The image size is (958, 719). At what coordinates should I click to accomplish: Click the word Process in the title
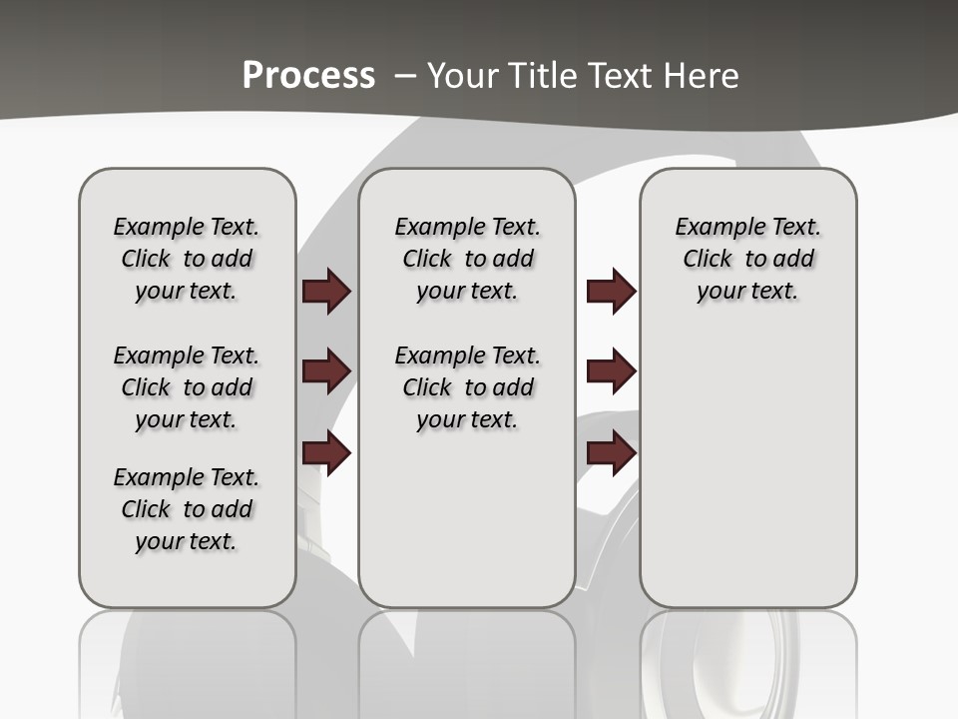point(308,75)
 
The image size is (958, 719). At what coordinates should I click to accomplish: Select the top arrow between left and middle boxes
point(326,292)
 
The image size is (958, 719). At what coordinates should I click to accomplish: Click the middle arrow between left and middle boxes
point(326,371)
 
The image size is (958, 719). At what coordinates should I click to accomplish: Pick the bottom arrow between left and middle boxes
point(326,453)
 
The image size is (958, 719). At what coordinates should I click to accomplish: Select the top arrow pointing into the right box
point(611,292)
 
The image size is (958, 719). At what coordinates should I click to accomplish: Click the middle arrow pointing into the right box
point(611,371)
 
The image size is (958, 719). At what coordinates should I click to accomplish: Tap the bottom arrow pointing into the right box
point(611,453)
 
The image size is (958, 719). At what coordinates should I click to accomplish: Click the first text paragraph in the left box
point(187,259)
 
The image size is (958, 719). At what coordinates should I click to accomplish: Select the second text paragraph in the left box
point(187,387)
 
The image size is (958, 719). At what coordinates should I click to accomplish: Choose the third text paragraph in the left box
point(187,509)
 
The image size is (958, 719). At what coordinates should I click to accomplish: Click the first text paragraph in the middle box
point(468,259)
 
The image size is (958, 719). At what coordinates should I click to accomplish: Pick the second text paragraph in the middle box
point(468,387)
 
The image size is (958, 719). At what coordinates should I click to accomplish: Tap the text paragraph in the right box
point(748,259)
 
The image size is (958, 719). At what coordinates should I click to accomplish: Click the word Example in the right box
point(713,228)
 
